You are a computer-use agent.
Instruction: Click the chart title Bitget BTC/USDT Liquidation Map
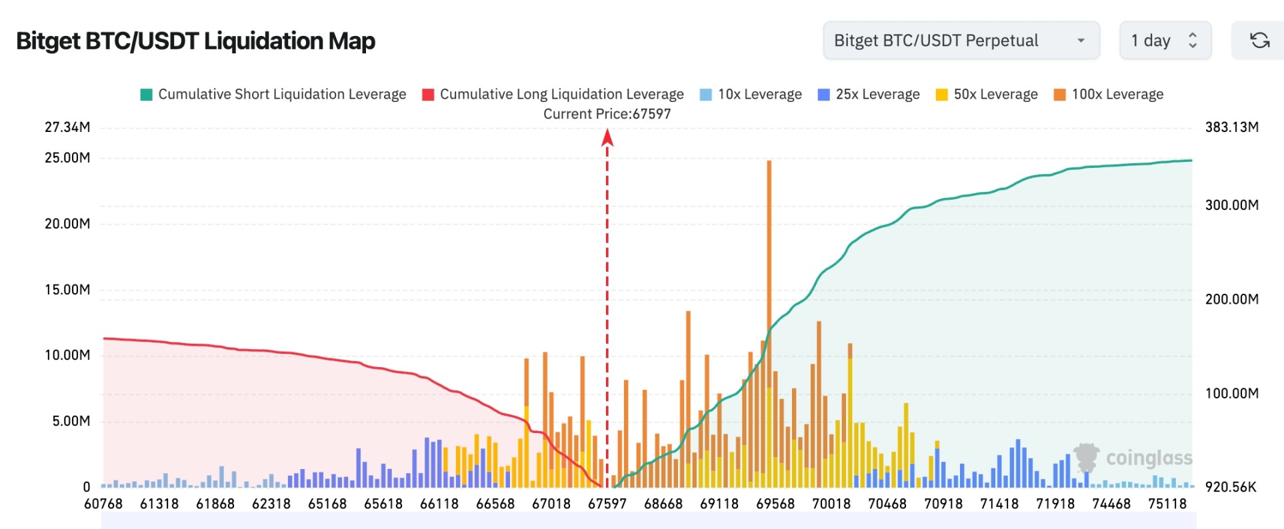(195, 41)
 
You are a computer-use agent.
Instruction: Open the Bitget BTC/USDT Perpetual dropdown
(961, 41)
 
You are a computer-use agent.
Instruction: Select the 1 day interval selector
(1165, 41)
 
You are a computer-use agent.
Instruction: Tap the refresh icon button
(1259, 41)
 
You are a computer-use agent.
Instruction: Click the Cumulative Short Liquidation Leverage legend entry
(273, 95)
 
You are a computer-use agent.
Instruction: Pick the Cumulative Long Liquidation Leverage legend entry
(553, 95)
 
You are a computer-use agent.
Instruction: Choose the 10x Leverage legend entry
(751, 95)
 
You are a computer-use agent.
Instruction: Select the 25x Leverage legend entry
(869, 95)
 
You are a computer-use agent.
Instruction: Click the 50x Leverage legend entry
(987, 95)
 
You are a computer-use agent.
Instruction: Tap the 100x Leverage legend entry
(1108, 95)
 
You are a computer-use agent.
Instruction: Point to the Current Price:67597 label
(607, 114)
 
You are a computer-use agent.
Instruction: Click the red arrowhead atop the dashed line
(607, 137)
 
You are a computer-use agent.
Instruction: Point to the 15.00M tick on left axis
(67, 290)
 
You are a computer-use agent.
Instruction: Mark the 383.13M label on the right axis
(1231, 127)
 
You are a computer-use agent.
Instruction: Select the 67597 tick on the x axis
(607, 504)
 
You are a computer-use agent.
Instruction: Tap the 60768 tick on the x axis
(103, 504)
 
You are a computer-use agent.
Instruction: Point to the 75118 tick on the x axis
(1167, 504)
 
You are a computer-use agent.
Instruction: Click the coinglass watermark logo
(1133, 458)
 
